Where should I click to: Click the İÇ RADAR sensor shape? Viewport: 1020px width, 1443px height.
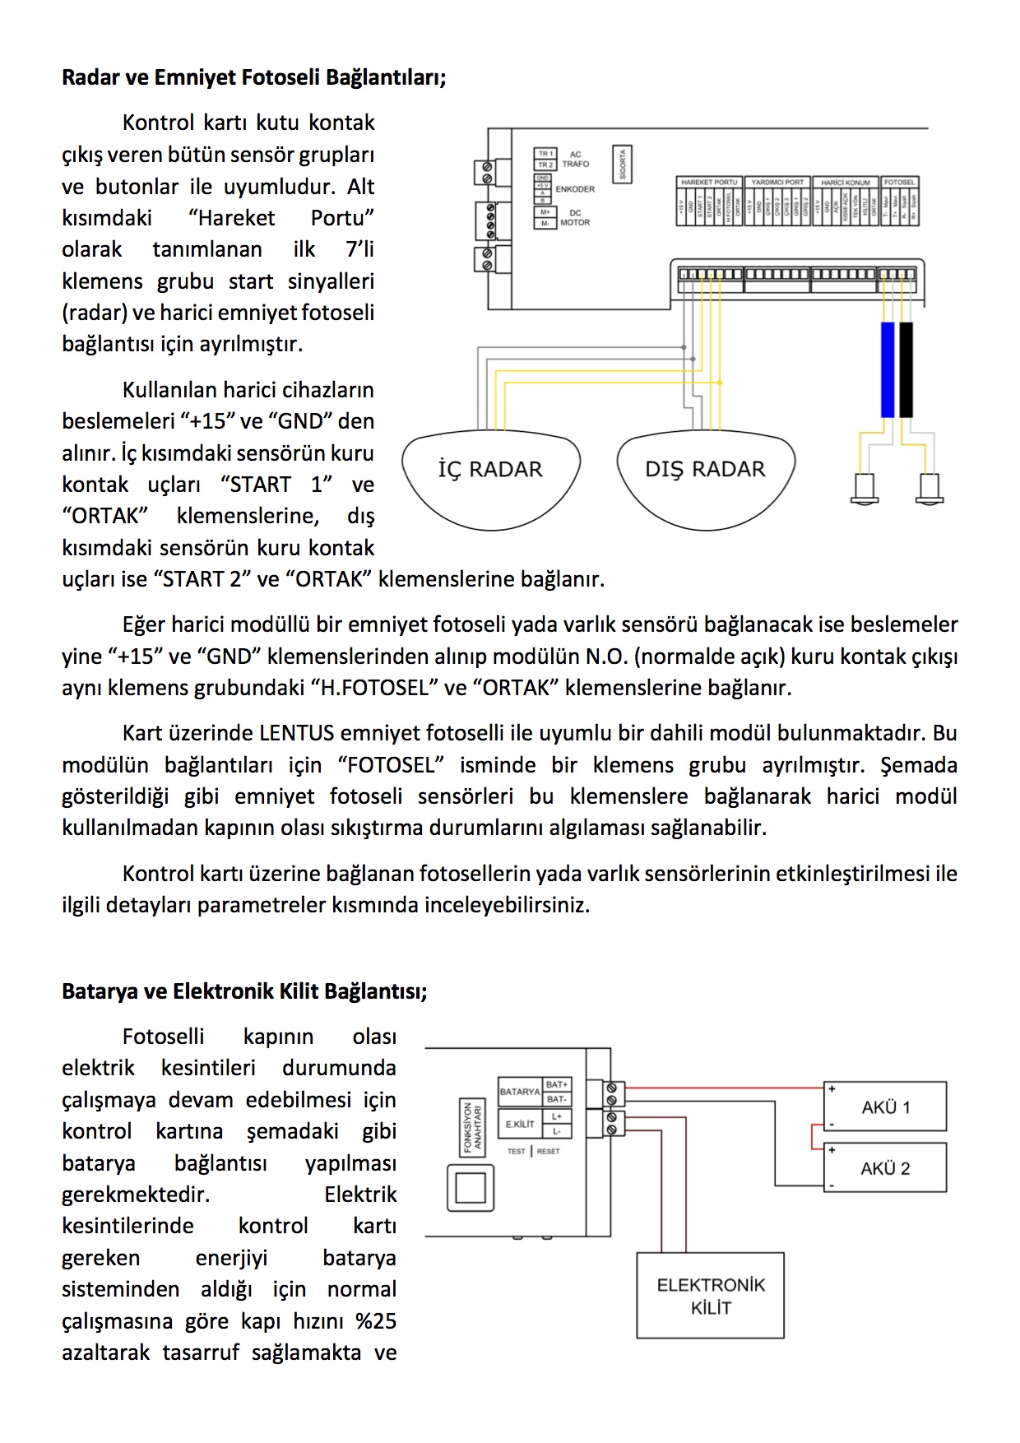(490, 478)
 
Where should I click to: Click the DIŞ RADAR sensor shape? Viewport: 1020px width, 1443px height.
(705, 478)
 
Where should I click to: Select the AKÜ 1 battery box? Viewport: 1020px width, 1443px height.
(885, 1107)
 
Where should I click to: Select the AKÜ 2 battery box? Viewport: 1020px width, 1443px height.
(885, 1167)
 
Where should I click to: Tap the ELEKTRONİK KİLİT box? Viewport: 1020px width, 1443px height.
(711, 1296)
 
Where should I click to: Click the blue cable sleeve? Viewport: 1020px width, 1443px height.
(888, 370)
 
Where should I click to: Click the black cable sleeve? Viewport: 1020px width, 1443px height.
(906, 370)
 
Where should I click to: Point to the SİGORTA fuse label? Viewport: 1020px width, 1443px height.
(623, 165)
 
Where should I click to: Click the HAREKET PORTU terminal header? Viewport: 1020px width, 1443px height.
(709, 182)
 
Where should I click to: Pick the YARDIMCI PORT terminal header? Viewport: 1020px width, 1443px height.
(777, 182)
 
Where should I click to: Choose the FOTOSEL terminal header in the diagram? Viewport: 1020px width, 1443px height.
(899, 182)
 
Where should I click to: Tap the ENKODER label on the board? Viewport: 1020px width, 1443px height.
(575, 189)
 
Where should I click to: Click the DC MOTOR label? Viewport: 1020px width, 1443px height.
(575, 218)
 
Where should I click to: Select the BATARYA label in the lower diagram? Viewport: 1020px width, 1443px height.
(520, 1092)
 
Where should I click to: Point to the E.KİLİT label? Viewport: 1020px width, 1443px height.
(520, 1124)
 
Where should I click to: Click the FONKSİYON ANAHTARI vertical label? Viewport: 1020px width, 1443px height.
(472, 1127)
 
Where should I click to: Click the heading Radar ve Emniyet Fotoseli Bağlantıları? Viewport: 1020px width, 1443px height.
(253, 77)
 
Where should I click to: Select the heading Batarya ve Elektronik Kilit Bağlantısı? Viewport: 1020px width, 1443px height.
(244, 991)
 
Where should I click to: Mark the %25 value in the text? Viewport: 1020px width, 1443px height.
(376, 1321)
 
